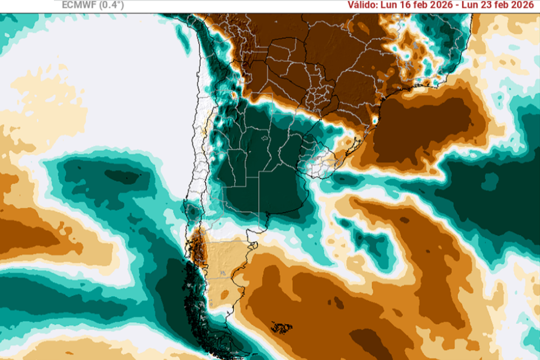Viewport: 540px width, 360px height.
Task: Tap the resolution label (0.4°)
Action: [x=110, y=5]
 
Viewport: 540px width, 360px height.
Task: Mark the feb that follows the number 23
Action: [x=504, y=5]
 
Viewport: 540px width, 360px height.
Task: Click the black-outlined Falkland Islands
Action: [x=281, y=327]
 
